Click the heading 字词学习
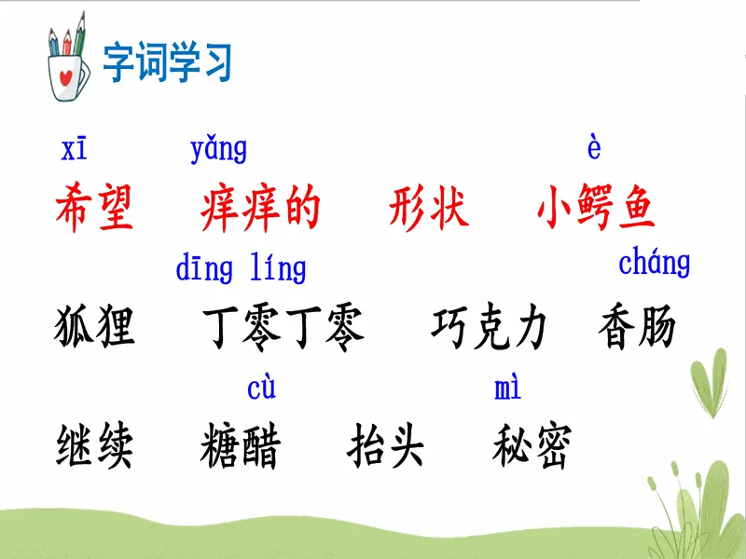click(167, 61)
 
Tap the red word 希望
click(94, 208)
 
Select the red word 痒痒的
click(260, 208)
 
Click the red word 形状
click(429, 208)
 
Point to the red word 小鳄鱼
click(596, 208)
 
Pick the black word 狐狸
click(94, 327)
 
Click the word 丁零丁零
click(283, 327)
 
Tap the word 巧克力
click(489, 327)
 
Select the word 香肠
click(637, 327)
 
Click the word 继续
click(94, 445)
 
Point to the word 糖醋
click(241, 445)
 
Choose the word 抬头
click(385, 445)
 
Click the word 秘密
click(532, 445)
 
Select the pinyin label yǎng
click(218, 150)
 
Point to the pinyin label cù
click(261, 388)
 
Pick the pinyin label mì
click(507, 388)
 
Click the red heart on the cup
click(65, 76)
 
